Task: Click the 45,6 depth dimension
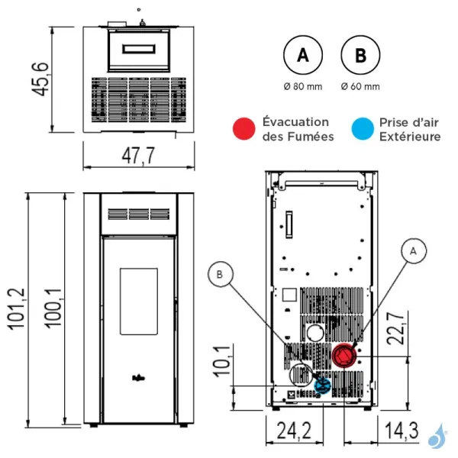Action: click(40, 79)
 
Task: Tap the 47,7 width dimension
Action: click(138, 156)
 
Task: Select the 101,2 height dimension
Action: click(17, 309)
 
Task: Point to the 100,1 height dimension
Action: click(53, 308)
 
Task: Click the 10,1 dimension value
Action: click(221, 361)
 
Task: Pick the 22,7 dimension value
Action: click(395, 328)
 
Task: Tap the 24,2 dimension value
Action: click(294, 431)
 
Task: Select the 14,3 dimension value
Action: click(402, 431)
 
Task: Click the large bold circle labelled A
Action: click(303, 55)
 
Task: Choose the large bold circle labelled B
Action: click(360, 55)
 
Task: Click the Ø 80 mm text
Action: click(303, 86)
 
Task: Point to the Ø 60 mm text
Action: click(360, 86)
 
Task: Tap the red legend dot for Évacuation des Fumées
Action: click(244, 129)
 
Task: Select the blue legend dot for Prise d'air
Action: click(363, 129)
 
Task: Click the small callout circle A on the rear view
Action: click(413, 251)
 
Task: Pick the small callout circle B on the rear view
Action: click(221, 274)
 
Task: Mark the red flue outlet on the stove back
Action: click(344, 356)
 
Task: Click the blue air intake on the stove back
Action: click(322, 385)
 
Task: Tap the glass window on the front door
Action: click(139, 302)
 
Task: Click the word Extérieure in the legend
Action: click(410, 137)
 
